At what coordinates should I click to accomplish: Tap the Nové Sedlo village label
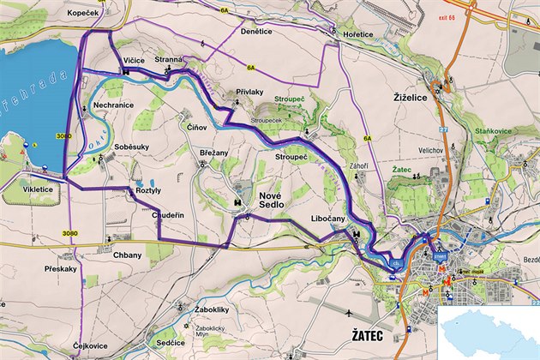tap(271, 202)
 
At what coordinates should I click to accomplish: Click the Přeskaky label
tap(61, 268)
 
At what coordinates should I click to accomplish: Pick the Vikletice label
tap(38, 189)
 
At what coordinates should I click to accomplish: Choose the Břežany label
tap(214, 153)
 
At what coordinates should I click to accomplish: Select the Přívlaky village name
tap(249, 91)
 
